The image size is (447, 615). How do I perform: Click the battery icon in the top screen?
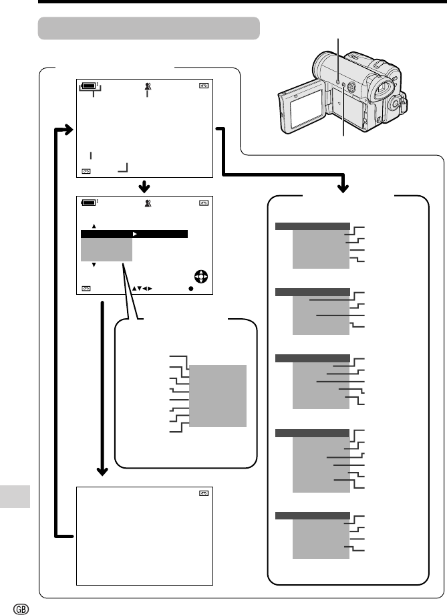(x=89, y=86)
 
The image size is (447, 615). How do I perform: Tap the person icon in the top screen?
(x=147, y=86)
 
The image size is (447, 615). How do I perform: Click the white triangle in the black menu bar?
(x=134, y=234)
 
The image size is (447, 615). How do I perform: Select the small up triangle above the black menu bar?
(x=94, y=225)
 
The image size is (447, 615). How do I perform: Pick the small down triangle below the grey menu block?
(x=94, y=265)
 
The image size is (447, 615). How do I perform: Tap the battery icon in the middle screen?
(x=89, y=203)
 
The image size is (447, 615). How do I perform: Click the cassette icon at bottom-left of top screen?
(x=86, y=171)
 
